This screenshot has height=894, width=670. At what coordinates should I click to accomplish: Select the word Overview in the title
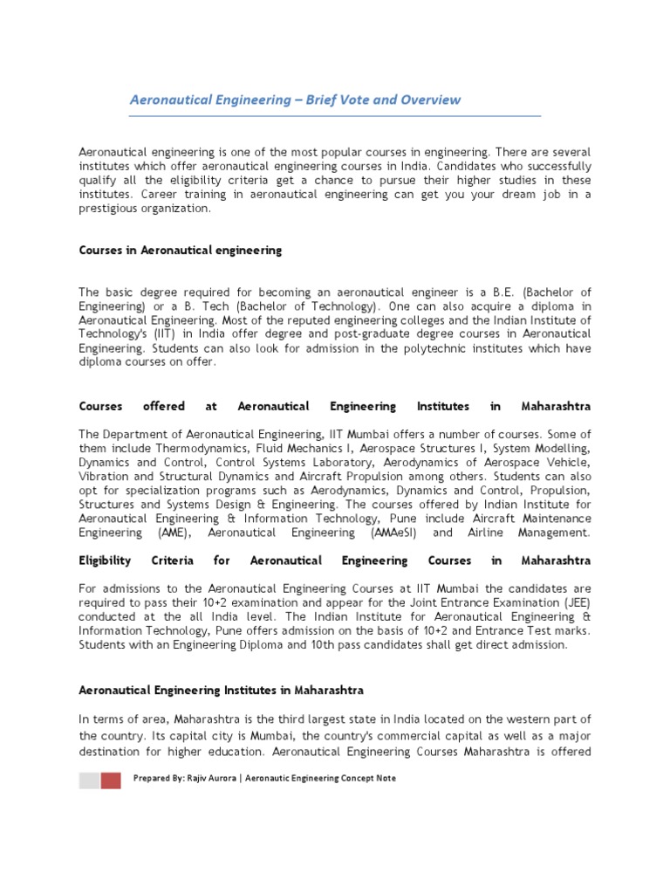pos(430,100)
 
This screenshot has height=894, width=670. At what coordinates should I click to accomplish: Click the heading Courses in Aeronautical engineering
pos(181,251)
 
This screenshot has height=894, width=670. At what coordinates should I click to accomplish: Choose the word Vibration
pos(105,476)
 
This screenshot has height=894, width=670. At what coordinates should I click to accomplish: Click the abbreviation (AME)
pos(174,533)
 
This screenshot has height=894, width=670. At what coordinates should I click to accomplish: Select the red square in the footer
pos(111,781)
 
